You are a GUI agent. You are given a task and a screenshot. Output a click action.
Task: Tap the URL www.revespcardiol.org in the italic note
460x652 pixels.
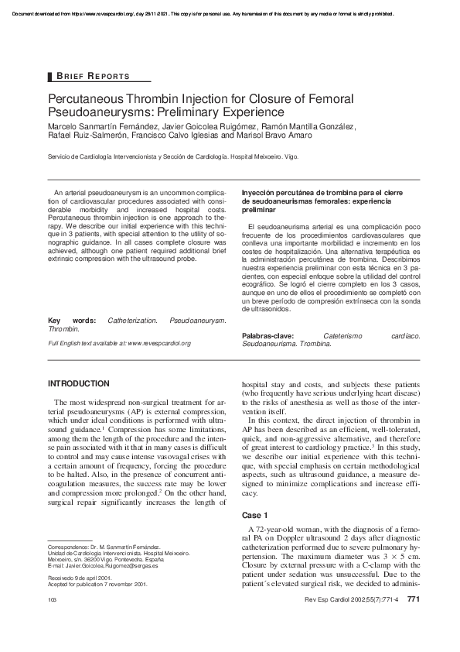158,364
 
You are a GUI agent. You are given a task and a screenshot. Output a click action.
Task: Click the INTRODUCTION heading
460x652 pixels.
79,384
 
